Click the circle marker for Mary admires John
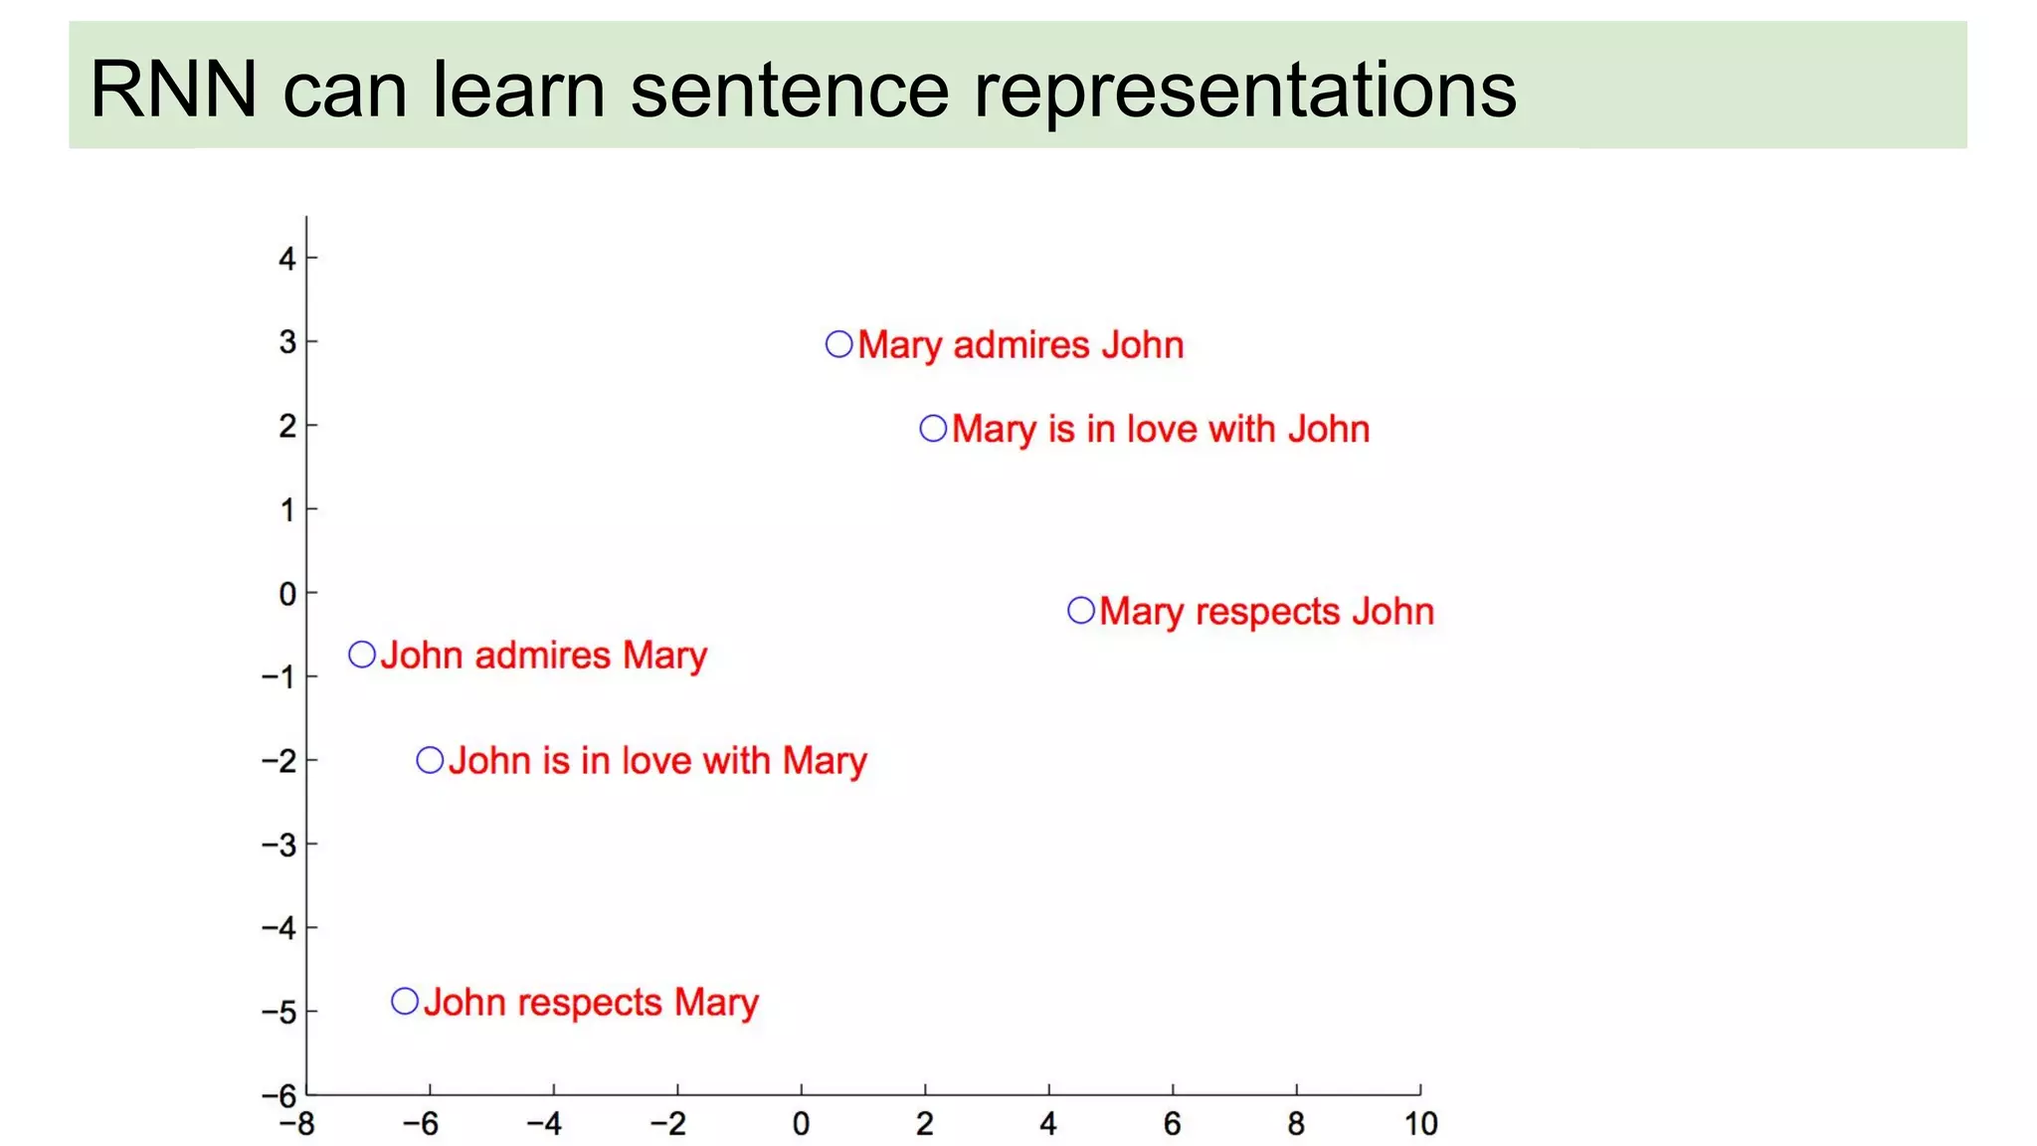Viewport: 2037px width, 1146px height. pos(838,344)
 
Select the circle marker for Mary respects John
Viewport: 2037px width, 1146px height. pos(1081,610)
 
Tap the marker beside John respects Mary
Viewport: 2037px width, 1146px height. pos(405,1001)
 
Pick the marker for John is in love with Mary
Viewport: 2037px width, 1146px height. pos(430,760)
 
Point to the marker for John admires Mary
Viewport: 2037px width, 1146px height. pos(362,655)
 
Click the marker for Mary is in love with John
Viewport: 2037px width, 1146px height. pos(933,429)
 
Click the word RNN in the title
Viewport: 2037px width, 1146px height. pos(173,90)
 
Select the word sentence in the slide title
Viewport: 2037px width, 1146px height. pos(790,90)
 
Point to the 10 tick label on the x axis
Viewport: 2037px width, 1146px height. pos(1420,1125)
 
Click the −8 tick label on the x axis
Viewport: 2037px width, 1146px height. pos(295,1125)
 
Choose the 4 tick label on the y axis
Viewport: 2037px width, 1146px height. pos(286,259)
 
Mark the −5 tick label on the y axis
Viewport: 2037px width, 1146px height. pos(278,1012)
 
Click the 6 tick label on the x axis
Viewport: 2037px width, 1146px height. pos(1172,1125)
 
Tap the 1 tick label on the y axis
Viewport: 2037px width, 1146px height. pos(286,510)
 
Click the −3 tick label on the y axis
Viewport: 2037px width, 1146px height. pos(278,845)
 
